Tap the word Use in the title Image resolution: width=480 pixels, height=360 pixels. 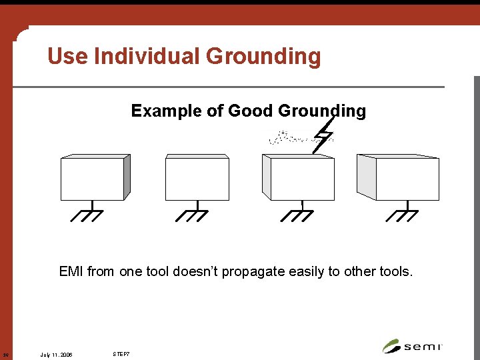(x=68, y=57)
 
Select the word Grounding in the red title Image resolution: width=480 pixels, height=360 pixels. (x=263, y=57)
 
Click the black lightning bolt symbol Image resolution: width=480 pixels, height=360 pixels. (x=325, y=135)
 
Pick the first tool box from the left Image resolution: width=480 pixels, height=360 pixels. (x=93, y=179)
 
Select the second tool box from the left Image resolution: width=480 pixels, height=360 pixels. (x=197, y=179)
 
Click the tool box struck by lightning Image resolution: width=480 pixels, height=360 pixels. (x=302, y=179)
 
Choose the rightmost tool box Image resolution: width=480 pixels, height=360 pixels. (x=407, y=179)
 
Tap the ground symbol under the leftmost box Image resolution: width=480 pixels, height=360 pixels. (x=87, y=214)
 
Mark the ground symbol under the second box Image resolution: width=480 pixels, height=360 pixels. (x=192, y=214)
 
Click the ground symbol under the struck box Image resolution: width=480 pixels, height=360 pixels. (x=297, y=214)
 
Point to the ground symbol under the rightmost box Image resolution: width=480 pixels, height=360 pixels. (x=402, y=214)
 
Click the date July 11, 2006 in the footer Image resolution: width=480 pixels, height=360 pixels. (x=57, y=353)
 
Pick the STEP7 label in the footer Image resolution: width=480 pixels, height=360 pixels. (x=121, y=353)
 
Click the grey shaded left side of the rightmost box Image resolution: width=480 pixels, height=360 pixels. (x=367, y=177)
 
